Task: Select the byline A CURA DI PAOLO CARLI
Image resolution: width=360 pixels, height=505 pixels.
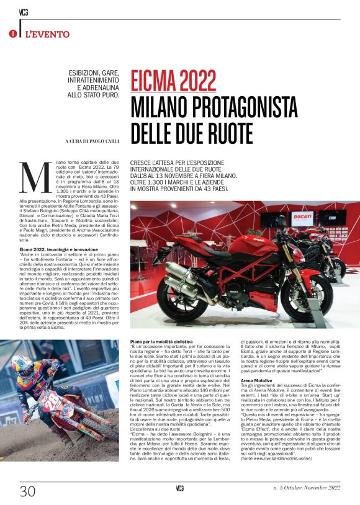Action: click(x=84, y=141)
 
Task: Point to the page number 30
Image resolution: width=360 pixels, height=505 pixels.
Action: click(x=27, y=491)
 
